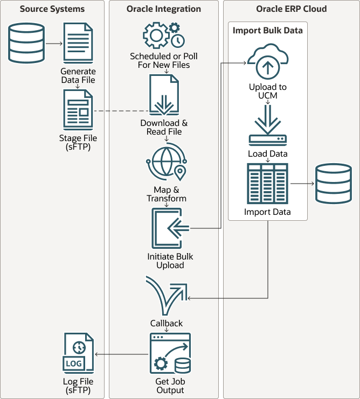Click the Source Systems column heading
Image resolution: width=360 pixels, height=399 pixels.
pyautogui.click(x=53, y=9)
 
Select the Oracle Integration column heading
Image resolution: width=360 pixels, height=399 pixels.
pyautogui.click(x=164, y=9)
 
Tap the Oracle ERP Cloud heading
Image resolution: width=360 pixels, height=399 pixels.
pyautogui.click(x=290, y=9)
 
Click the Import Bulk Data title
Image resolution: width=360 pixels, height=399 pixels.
pyautogui.click(x=267, y=30)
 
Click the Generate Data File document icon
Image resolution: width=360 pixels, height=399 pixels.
pyautogui.click(x=78, y=44)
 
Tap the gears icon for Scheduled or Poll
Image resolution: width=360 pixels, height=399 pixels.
pyautogui.click(x=164, y=36)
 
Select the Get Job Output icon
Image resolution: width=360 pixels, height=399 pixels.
pyautogui.click(x=170, y=353)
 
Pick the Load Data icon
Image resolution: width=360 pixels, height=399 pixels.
pyautogui.click(x=267, y=126)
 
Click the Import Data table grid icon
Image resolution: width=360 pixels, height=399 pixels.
pyautogui.click(x=267, y=184)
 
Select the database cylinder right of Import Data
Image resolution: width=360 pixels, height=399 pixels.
pyautogui.click(x=333, y=184)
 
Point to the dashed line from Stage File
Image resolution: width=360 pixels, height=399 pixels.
pyautogui.click(x=121, y=111)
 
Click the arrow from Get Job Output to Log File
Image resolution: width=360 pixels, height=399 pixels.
pyautogui.click(x=121, y=354)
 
